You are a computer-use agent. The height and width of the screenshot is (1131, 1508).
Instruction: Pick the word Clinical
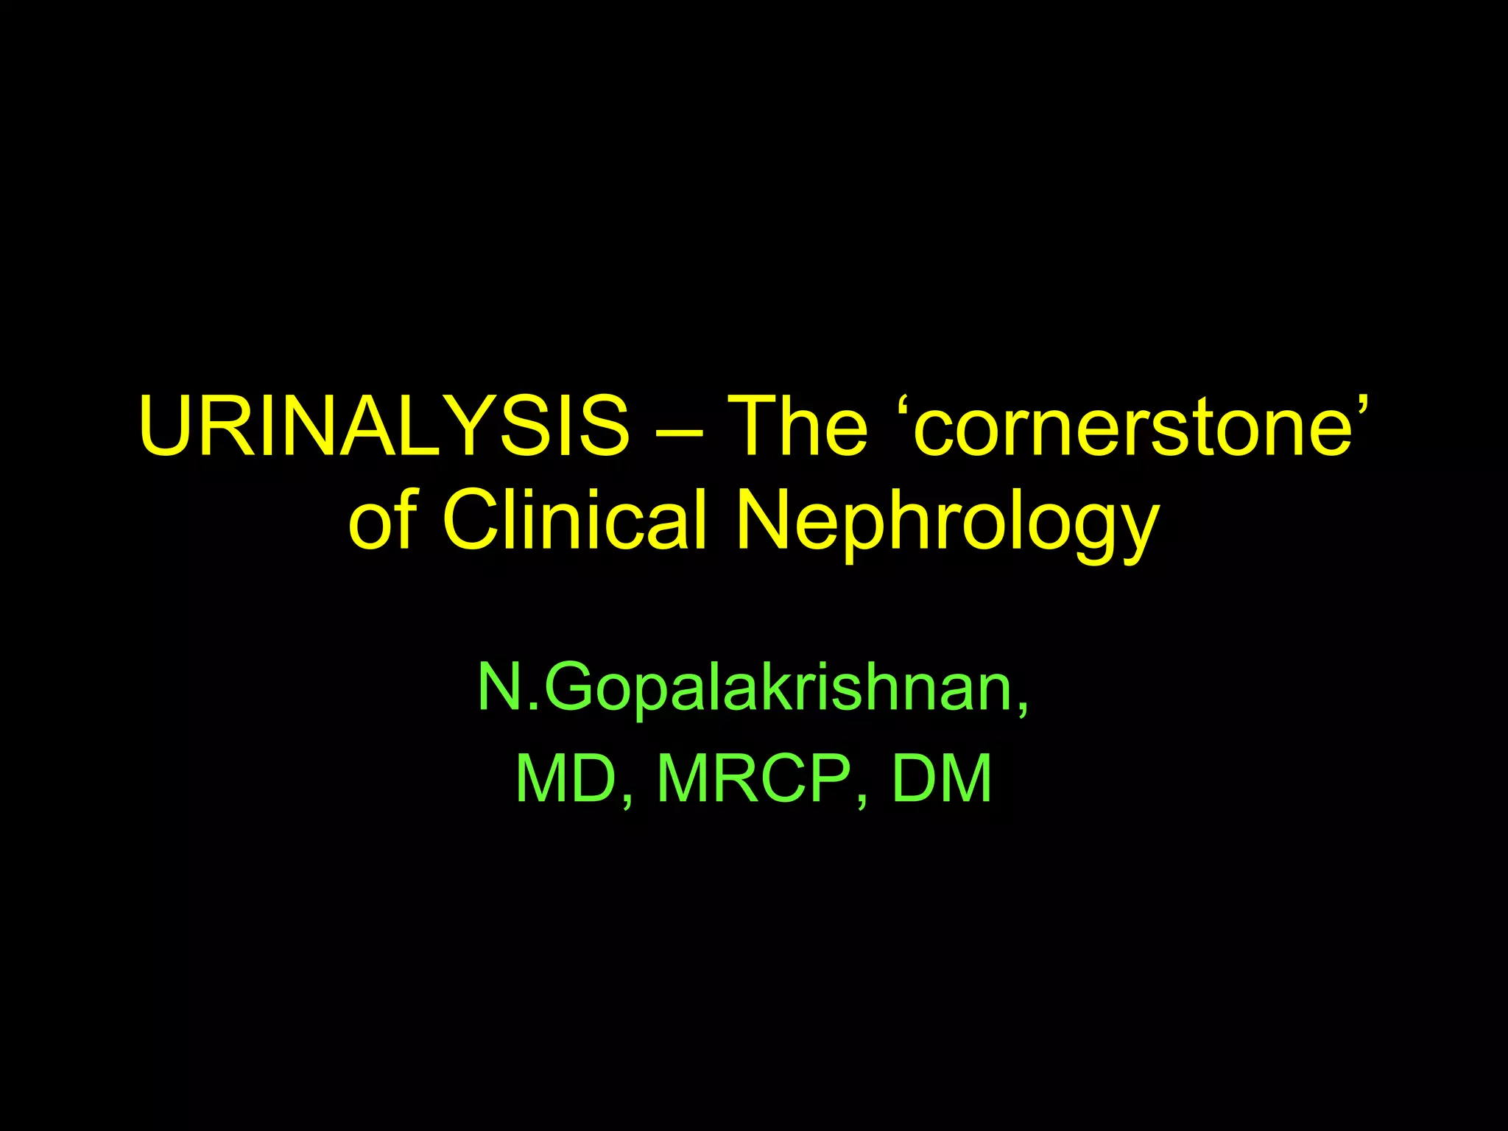pyautogui.click(x=574, y=518)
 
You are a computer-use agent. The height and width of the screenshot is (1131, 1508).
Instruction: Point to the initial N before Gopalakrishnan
pyautogui.click(x=504, y=686)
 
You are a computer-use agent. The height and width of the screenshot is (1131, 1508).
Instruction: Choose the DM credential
pyautogui.click(x=942, y=779)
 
